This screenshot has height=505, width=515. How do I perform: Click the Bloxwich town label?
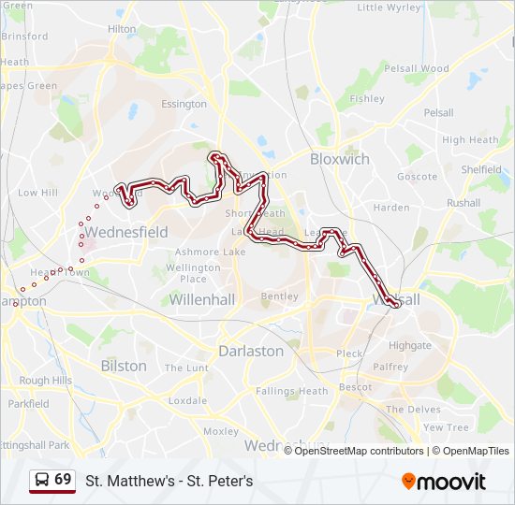339,159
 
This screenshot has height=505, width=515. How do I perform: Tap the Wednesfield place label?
125,232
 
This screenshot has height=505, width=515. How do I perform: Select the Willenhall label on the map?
201,299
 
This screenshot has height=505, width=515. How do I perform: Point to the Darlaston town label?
250,351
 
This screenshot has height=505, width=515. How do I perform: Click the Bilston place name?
124,366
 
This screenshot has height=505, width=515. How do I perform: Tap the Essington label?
184,104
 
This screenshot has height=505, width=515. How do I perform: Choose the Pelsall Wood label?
418,68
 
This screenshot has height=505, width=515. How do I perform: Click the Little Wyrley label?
389,7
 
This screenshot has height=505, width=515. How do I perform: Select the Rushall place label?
463,202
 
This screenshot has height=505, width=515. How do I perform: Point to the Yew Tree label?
446,427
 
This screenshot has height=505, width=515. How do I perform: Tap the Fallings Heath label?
292,391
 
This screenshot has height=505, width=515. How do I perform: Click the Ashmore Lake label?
210,252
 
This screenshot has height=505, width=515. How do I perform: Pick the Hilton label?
122,29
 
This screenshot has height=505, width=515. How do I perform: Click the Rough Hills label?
46,381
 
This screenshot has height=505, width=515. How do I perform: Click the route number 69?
63,480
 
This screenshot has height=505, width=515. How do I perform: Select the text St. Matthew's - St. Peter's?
169,482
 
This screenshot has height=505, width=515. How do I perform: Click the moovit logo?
444,482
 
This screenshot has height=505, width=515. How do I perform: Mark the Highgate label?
410,345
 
